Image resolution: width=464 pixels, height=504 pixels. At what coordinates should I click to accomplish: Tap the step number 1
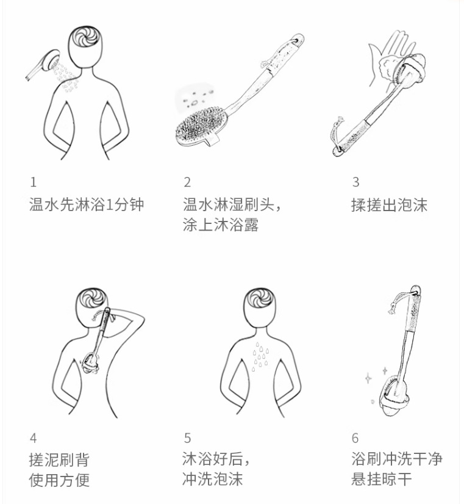pos(34,182)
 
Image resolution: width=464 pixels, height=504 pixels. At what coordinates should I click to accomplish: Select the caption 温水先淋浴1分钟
pos(87,204)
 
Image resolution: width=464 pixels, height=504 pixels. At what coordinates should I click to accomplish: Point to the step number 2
pos(187,182)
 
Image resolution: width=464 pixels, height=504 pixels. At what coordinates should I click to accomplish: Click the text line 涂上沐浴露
pos(221,225)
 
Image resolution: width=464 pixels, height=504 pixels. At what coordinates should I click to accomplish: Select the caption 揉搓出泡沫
pos(389,204)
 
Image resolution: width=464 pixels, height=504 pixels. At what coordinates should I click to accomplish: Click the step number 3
pos(355,182)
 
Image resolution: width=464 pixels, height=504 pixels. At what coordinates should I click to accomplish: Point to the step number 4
pos(34,437)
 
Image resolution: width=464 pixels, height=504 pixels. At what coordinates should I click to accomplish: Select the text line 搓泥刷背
pos(59,459)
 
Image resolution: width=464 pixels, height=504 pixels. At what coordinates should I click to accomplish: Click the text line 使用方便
pos(59,480)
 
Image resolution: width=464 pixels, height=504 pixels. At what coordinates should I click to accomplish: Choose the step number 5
pos(187,437)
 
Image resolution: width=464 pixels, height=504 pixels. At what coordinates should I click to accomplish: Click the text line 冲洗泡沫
pos(212,480)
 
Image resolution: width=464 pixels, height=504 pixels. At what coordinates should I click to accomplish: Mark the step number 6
pos(355,437)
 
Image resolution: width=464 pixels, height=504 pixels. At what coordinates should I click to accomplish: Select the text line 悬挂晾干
pos(381,480)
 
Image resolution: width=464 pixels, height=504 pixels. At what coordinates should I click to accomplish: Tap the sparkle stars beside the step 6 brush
pos(373,375)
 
